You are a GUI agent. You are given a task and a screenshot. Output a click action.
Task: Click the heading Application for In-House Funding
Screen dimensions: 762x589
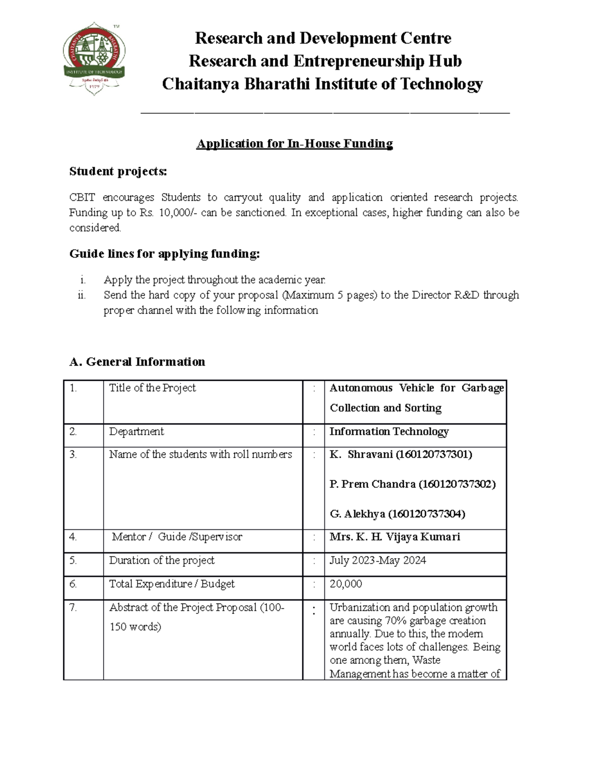pyautogui.click(x=294, y=144)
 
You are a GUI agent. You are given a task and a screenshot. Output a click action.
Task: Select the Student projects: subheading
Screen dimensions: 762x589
pyautogui.click(x=118, y=171)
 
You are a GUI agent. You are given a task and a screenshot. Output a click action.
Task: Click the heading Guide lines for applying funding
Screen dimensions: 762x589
pyautogui.click(x=164, y=254)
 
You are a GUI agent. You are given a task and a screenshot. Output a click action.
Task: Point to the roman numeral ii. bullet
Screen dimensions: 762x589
pyautogui.click(x=81, y=295)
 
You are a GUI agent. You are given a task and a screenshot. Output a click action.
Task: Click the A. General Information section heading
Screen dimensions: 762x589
pyautogui.click(x=137, y=362)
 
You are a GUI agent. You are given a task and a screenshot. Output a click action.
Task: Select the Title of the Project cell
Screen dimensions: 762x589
pyautogui.click(x=152, y=388)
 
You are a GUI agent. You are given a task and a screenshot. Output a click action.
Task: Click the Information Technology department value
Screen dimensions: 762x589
pyautogui.click(x=389, y=432)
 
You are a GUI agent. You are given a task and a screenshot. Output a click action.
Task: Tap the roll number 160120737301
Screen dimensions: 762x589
pyautogui.click(x=434, y=455)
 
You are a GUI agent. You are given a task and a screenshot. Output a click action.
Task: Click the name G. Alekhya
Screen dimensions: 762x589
pyautogui.click(x=357, y=514)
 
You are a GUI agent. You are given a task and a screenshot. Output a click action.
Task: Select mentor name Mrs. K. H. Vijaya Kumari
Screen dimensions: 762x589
pyautogui.click(x=395, y=537)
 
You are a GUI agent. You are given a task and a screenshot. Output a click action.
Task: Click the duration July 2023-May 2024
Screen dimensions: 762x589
pyautogui.click(x=377, y=560)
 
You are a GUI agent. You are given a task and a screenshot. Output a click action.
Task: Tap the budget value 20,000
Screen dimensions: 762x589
pyautogui.click(x=346, y=584)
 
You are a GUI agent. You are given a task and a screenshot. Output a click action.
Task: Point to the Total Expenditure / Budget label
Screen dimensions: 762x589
pyautogui.click(x=172, y=584)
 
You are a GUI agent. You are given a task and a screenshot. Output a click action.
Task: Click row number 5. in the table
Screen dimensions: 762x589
pyautogui.click(x=73, y=560)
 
